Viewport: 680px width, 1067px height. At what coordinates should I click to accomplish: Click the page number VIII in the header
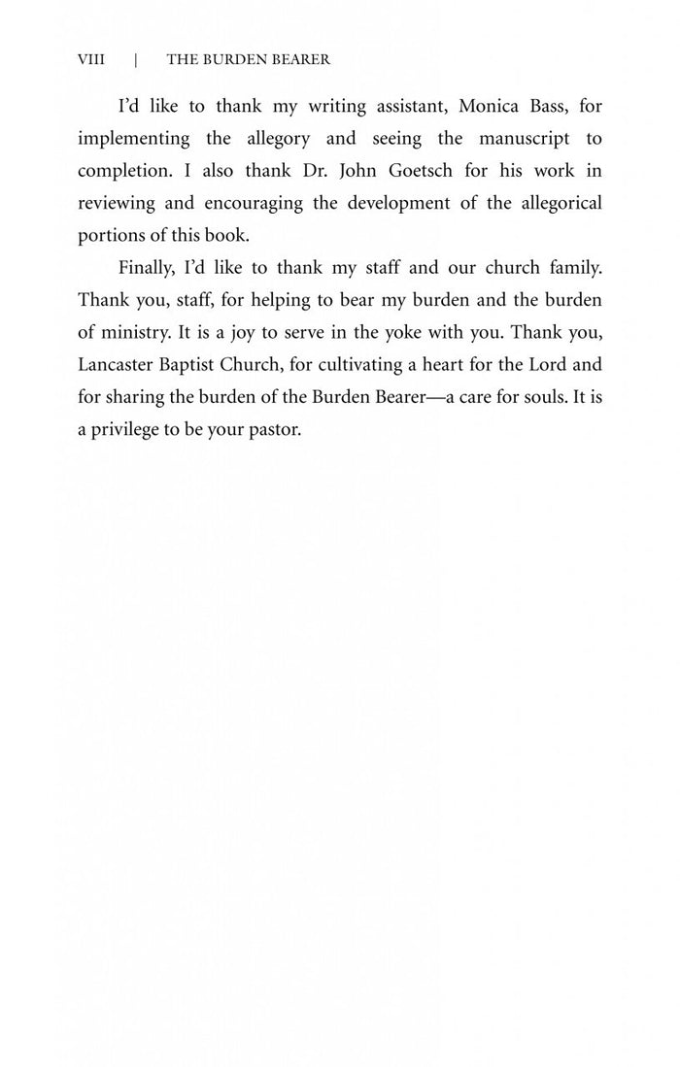(x=90, y=60)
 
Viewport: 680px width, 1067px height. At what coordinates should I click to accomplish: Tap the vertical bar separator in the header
(x=136, y=60)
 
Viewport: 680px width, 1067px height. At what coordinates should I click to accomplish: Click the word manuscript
(x=524, y=138)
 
